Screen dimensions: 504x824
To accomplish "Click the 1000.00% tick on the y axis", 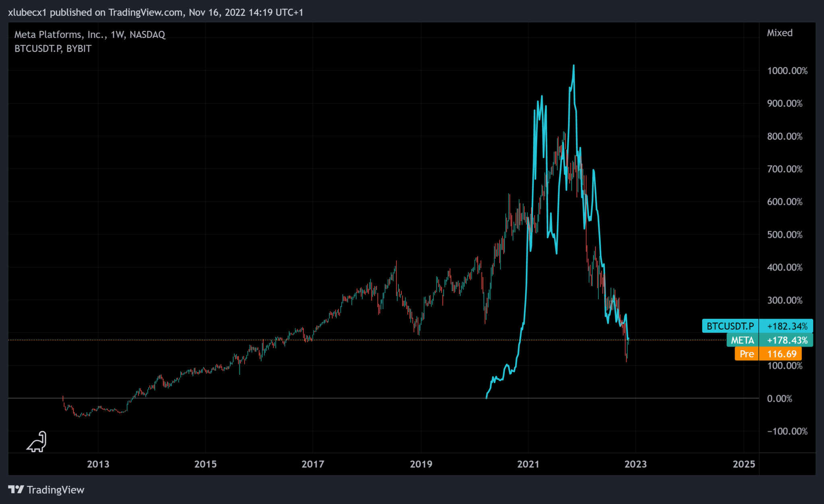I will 787,71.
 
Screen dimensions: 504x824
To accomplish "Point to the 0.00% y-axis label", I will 779,399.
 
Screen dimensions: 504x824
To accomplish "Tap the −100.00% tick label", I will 787,431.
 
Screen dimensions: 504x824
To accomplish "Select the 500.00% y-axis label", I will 785,235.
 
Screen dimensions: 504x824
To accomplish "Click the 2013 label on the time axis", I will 98,464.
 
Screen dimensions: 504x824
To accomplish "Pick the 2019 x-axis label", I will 421,464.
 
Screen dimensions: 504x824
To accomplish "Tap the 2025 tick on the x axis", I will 744,464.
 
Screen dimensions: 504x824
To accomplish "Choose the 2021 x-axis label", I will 528,464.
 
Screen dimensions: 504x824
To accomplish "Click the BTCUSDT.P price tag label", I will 730,326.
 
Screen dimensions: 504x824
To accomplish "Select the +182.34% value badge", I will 787,326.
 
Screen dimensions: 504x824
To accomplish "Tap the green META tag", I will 742,340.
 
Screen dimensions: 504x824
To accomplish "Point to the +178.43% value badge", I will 787,340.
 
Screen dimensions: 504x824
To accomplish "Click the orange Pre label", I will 747,354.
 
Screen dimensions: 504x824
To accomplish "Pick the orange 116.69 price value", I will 782,354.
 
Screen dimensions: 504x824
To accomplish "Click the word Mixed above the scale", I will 779,33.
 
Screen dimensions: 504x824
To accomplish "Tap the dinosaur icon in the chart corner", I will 37,442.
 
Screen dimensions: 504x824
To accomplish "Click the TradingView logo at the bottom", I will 46,490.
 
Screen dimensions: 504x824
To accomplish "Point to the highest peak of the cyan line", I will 573,66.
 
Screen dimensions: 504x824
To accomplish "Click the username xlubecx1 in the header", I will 27,12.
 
